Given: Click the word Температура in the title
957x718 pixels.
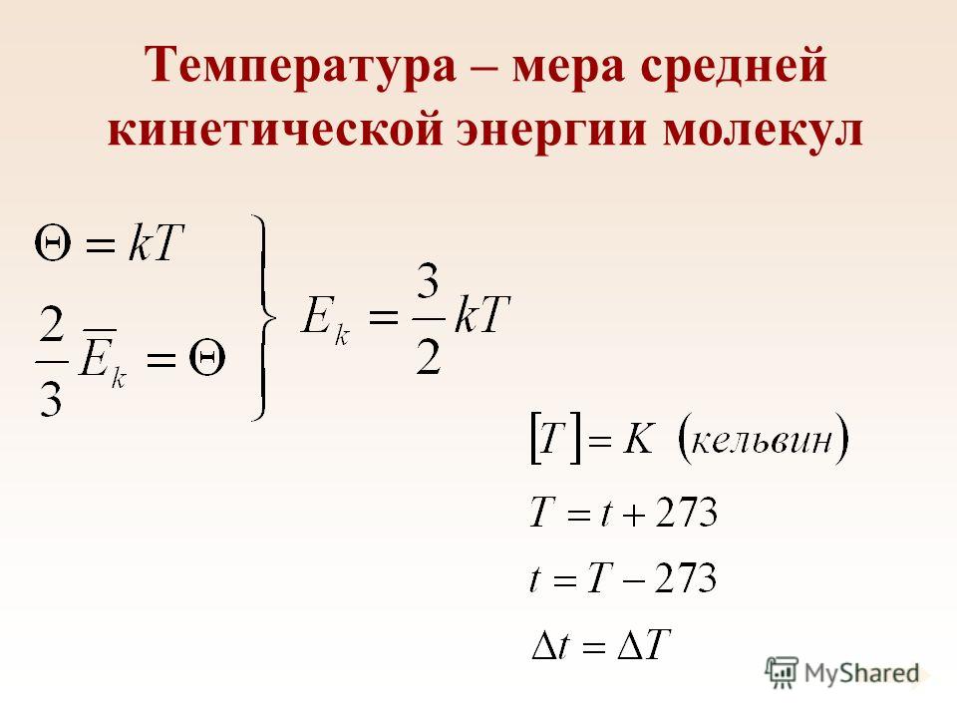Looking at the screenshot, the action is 300,67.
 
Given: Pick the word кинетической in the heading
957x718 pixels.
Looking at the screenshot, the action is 275,130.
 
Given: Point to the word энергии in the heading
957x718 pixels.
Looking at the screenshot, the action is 551,132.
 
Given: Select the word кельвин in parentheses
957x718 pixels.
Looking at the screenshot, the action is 763,440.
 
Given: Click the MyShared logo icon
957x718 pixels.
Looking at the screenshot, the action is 782,672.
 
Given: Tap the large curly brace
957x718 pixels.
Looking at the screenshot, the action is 263,317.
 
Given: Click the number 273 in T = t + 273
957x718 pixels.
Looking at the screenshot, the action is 686,513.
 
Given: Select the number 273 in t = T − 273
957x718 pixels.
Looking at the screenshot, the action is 685,578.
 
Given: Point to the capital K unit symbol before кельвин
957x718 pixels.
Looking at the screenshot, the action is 638,439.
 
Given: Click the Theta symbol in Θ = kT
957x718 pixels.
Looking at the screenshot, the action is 53,243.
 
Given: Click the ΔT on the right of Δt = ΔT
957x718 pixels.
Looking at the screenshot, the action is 644,644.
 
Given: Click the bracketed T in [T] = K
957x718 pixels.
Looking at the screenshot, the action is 551,439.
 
